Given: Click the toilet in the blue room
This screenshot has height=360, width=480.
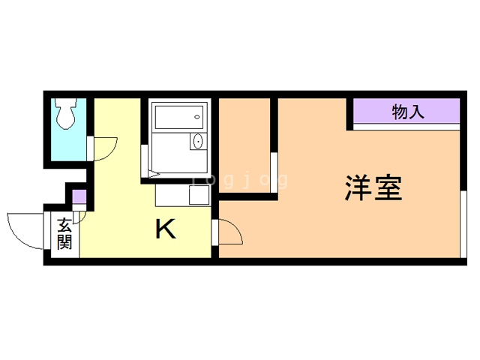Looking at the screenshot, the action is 65,113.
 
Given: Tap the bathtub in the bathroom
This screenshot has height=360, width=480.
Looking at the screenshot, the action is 179,117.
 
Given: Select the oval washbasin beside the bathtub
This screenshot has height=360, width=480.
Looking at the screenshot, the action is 198,142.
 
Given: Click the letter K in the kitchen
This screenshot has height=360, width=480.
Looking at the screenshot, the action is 166,229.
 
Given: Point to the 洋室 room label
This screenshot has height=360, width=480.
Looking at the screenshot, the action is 373,187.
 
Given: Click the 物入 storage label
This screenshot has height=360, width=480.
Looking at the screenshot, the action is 408,112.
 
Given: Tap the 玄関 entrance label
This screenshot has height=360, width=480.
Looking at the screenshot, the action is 64,233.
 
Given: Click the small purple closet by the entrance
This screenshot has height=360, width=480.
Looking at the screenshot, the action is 79,196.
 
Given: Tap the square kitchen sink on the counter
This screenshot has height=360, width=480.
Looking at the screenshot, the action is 199,195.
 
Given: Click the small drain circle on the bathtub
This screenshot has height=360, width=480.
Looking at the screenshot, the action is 197,117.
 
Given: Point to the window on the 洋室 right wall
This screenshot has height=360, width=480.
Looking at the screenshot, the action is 463,224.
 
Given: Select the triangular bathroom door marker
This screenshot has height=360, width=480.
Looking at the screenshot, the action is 154,175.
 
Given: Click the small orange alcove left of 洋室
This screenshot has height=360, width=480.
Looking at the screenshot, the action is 244,145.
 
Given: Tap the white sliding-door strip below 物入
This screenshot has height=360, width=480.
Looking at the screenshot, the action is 406,127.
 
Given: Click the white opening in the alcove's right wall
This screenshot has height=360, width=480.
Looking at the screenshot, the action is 274,172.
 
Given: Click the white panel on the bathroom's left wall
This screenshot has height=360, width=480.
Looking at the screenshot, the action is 144,161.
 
